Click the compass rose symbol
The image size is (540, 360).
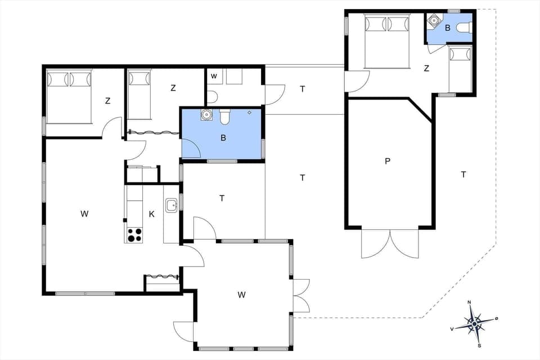(x=474, y=324)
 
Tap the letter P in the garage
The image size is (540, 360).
(x=388, y=161)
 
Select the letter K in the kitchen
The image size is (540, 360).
(x=152, y=214)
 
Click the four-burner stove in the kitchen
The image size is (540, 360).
(x=134, y=235)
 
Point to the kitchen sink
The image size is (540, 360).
(x=171, y=205)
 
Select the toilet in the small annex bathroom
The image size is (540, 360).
(x=464, y=28)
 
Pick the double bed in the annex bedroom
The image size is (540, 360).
(x=387, y=41)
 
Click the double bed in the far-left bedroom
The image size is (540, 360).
(x=69, y=96)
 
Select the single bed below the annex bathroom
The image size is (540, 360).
(x=460, y=69)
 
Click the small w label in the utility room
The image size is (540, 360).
(x=214, y=76)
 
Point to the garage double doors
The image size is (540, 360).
(x=390, y=244)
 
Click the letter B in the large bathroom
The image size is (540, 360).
(x=223, y=137)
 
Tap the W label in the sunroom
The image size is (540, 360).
(x=241, y=294)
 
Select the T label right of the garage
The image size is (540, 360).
(x=463, y=174)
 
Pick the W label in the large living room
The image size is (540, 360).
(x=84, y=213)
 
